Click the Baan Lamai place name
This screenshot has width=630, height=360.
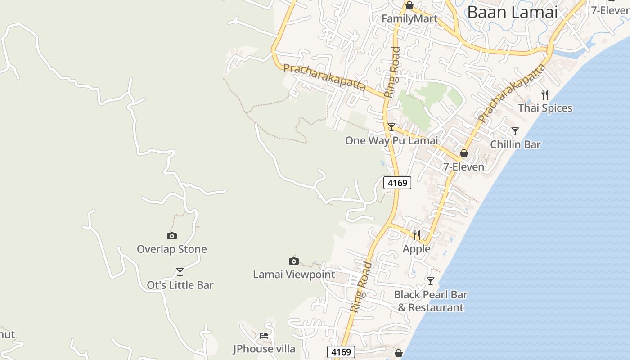click(513, 12)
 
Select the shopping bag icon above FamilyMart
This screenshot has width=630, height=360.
click(409, 6)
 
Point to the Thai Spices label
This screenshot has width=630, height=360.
click(545, 108)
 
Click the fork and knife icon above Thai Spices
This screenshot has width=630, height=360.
click(545, 94)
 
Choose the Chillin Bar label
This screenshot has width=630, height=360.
click(515, 144)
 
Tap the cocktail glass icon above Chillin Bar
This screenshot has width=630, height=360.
click(515, 131)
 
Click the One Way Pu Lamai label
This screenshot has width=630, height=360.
click(391, 140)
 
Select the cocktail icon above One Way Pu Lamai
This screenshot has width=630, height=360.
click(391, 127)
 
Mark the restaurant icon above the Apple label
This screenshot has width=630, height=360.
click(417, 235)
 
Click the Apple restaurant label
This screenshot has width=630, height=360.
click(417, 249)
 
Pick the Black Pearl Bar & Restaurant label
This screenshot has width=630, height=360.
click(431, 301)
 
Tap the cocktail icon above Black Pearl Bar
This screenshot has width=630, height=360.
click(431, 281)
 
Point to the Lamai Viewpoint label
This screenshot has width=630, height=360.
click(294, 274)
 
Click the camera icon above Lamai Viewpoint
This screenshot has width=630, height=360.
click(294, 261)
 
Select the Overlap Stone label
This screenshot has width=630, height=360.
click(172, 249)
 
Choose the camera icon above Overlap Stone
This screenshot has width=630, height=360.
click(172, 236)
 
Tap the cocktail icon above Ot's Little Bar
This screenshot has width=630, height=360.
click(180, 272)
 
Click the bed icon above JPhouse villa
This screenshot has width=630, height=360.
click(264, 336)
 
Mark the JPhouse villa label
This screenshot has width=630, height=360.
click(264, 349)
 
